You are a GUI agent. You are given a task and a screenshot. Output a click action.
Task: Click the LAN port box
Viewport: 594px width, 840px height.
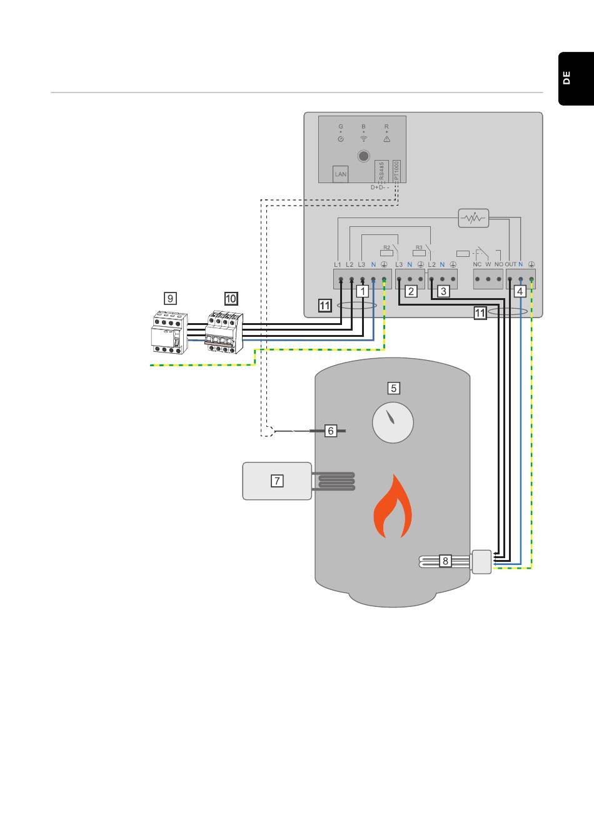[341, 174]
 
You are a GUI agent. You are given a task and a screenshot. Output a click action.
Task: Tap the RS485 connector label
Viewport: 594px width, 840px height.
[382, 172]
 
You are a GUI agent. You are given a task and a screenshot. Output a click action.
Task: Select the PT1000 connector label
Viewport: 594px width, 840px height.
[396, 172]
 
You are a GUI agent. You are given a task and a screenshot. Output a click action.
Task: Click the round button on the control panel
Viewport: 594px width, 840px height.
[363, 156]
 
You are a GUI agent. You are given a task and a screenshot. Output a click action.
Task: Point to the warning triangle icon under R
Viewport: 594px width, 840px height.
[386, 139]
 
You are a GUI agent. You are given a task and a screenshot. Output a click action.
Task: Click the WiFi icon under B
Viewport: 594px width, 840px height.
[363, 139]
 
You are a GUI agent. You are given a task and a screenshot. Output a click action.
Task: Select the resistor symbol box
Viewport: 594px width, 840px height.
[473, 218]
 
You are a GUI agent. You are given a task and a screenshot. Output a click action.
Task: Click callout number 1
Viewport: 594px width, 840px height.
[363, 291]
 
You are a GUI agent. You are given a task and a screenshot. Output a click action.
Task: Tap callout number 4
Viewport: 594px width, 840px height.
[520, 291]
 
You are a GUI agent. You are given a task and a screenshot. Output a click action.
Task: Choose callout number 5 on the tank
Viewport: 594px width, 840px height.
[393, 388]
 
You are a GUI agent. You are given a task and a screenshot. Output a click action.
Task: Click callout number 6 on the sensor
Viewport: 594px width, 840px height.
[331, 431]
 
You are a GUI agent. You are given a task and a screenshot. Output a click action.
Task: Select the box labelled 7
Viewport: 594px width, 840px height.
[277, 481]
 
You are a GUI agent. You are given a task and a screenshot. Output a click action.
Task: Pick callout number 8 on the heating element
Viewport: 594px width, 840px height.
[445, 561]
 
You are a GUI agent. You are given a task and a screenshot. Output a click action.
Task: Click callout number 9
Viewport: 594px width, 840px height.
[170, 298]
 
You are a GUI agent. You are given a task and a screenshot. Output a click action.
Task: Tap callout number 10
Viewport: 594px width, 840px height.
[231, 298]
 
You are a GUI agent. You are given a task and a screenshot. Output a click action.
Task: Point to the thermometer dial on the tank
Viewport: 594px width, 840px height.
[393, 422]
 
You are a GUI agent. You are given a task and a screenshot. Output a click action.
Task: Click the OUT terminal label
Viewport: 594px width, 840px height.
[510, 264]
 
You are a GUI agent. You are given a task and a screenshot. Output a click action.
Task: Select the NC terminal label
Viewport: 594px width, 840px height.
[477, 264]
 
